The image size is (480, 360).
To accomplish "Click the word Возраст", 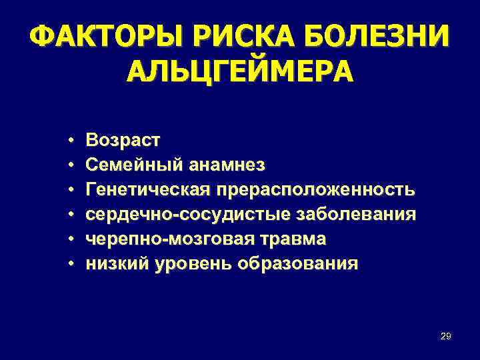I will coord(123,141).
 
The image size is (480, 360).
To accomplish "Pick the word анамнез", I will coord(227,165).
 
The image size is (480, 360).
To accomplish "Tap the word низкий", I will coord(118,263).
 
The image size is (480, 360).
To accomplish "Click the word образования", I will coord(297,263).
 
